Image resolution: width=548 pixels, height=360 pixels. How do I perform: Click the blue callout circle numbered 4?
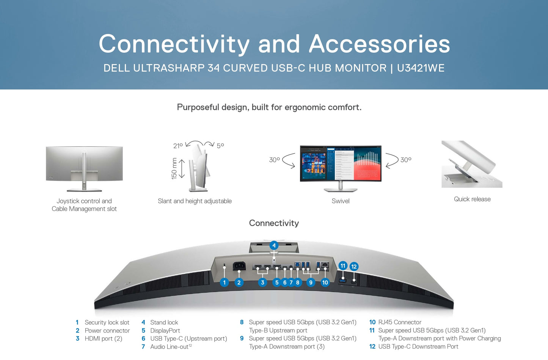pyautogui.click(x=274, y=245)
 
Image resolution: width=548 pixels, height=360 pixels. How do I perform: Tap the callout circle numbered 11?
pyautogui.click(x=343, y=266)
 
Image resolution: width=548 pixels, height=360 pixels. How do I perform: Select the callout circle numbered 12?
pyautogui.click(x=354, y=267)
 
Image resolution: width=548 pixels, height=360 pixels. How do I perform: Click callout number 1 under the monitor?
pyautogui.click(x=224, y=282)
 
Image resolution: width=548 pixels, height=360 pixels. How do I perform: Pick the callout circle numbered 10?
pyautogui.click(x=325, y=282)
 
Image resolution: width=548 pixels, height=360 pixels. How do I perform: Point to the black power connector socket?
pyautogui.click(x=239, y=266)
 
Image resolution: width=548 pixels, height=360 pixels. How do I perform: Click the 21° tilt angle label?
pyautogui.click(x=178, y=146)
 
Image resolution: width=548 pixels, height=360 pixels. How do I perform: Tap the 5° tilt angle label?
pyautogui.click(x=220, y=146)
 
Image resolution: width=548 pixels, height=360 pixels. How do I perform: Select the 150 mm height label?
pyautogui.click(x=174, y=168)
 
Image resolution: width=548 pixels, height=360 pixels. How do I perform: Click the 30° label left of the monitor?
pyautogui.click(x=274, y=160)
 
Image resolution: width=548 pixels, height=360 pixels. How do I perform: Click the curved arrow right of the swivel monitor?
pyautogui.click(x=392, y=160)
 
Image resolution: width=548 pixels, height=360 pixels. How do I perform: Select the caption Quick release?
pyautogui.click(x=472, y=199)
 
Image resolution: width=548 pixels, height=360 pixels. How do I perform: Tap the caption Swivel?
pyautogui.click(x=341, y=201)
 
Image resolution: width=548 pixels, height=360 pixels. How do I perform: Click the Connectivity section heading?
pyautogui.click(x=274, y=223)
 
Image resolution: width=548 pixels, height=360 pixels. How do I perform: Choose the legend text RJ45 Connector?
pyautogui.click(x=400, y=322)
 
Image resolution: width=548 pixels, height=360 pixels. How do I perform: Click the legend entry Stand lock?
pyautogui.click(x=164, y=322)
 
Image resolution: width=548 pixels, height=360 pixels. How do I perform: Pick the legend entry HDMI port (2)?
pyautogui.click(x=103, y=338)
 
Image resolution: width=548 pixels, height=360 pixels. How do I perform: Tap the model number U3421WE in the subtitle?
pyautogui.click(x=421, y=68)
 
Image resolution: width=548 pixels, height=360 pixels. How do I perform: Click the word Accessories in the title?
pyautogui.click(x=379, y=44)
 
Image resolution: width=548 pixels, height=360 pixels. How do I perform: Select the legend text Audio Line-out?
pyautogui.click(x=169, y=347)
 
